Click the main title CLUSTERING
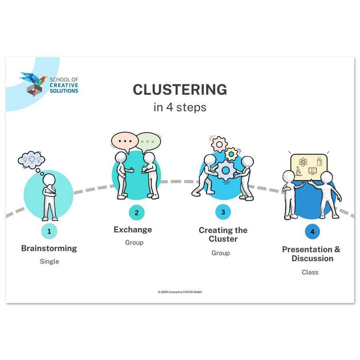[x=180, y=89]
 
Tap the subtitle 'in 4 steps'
[x=180, y=107]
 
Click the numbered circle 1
[x=49, y=231]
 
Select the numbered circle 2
[x=137, y=213]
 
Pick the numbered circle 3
[x=223, y=212]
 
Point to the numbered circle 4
[x=312, y=232]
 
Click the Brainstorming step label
[x=49, y=248]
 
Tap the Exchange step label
[x=133, y=230]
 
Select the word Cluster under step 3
[x=223, y=239]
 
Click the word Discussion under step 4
[x=312, y=258]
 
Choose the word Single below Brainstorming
[x=49, y=262]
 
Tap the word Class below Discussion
[x=310, y=272]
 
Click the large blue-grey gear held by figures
[x=226, y=170]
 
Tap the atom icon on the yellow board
[x=303, y=162]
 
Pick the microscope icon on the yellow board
[x=298, y=171]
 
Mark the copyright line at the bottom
[x=180, y=292]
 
